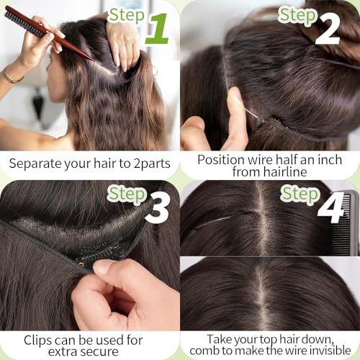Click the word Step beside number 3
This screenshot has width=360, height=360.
(x=127, y=194)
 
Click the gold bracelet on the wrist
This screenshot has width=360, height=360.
(x=9, y=75)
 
